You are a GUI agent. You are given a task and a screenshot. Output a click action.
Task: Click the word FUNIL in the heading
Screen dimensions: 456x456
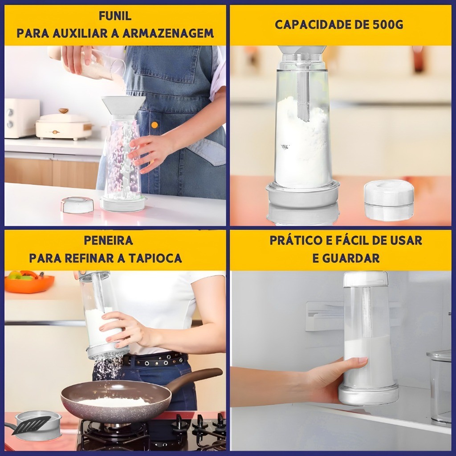tap(115, 16)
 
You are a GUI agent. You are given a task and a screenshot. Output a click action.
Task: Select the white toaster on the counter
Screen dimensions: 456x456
tap(21, 118)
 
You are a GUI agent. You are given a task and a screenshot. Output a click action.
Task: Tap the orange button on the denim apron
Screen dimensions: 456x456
tap(155, 125)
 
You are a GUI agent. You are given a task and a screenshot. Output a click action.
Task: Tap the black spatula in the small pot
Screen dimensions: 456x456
tap(31, 425)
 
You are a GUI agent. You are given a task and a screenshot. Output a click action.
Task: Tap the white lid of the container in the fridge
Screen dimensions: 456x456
tap(366, 279)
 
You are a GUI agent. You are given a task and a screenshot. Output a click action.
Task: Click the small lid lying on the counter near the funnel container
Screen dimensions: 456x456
tap(77, 205)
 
